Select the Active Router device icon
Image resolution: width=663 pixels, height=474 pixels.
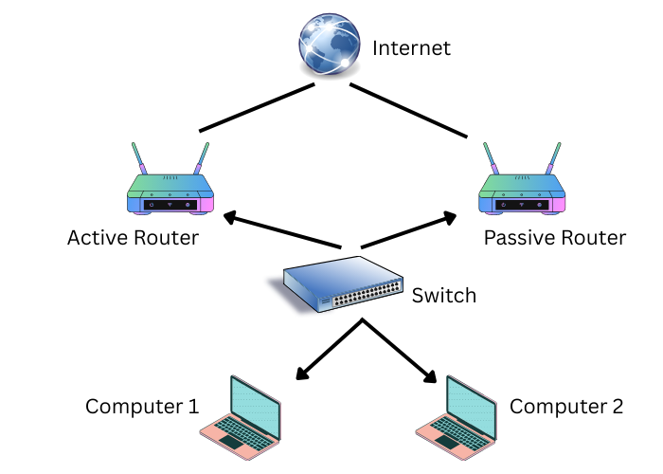coord(170,190)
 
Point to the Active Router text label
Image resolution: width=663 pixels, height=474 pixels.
coord(133,238)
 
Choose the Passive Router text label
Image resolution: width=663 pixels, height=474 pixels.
coord(555,238)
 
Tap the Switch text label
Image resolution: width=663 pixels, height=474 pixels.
coord(444,296)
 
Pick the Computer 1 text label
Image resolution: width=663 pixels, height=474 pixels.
coord(142,408)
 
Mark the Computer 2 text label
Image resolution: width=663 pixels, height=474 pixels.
coord(566,408)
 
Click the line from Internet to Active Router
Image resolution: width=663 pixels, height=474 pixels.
coord(256,107)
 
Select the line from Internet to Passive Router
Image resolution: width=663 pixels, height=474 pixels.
coord(409,109)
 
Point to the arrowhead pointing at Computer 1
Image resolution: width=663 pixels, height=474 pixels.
coord(302,373)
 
